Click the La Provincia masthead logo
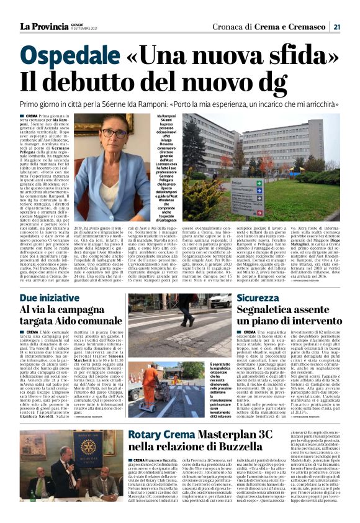pyautogui.click(x=42, y=26)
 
